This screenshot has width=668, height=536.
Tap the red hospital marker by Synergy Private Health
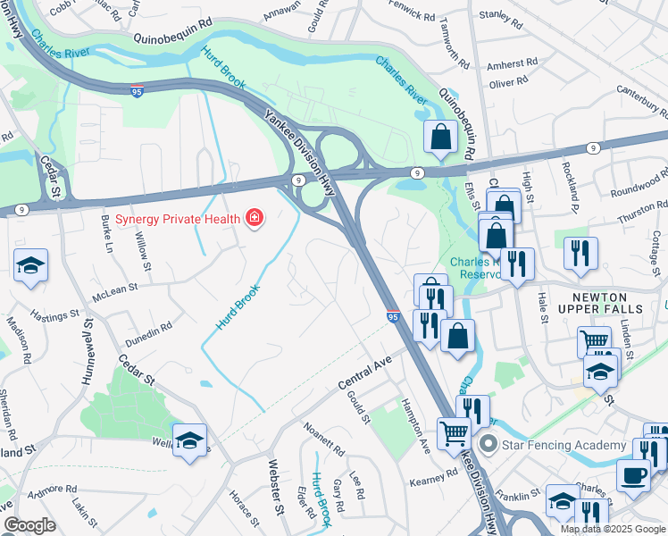(255, 219)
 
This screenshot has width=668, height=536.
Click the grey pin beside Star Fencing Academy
(487, 444)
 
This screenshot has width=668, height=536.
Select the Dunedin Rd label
(147, 331)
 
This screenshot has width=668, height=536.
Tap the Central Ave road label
(365, 373)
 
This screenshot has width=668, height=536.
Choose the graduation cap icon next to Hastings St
(30, 265)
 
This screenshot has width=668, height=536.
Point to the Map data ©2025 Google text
(614, 529)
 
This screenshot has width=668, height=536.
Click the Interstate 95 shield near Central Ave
(393, 316)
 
